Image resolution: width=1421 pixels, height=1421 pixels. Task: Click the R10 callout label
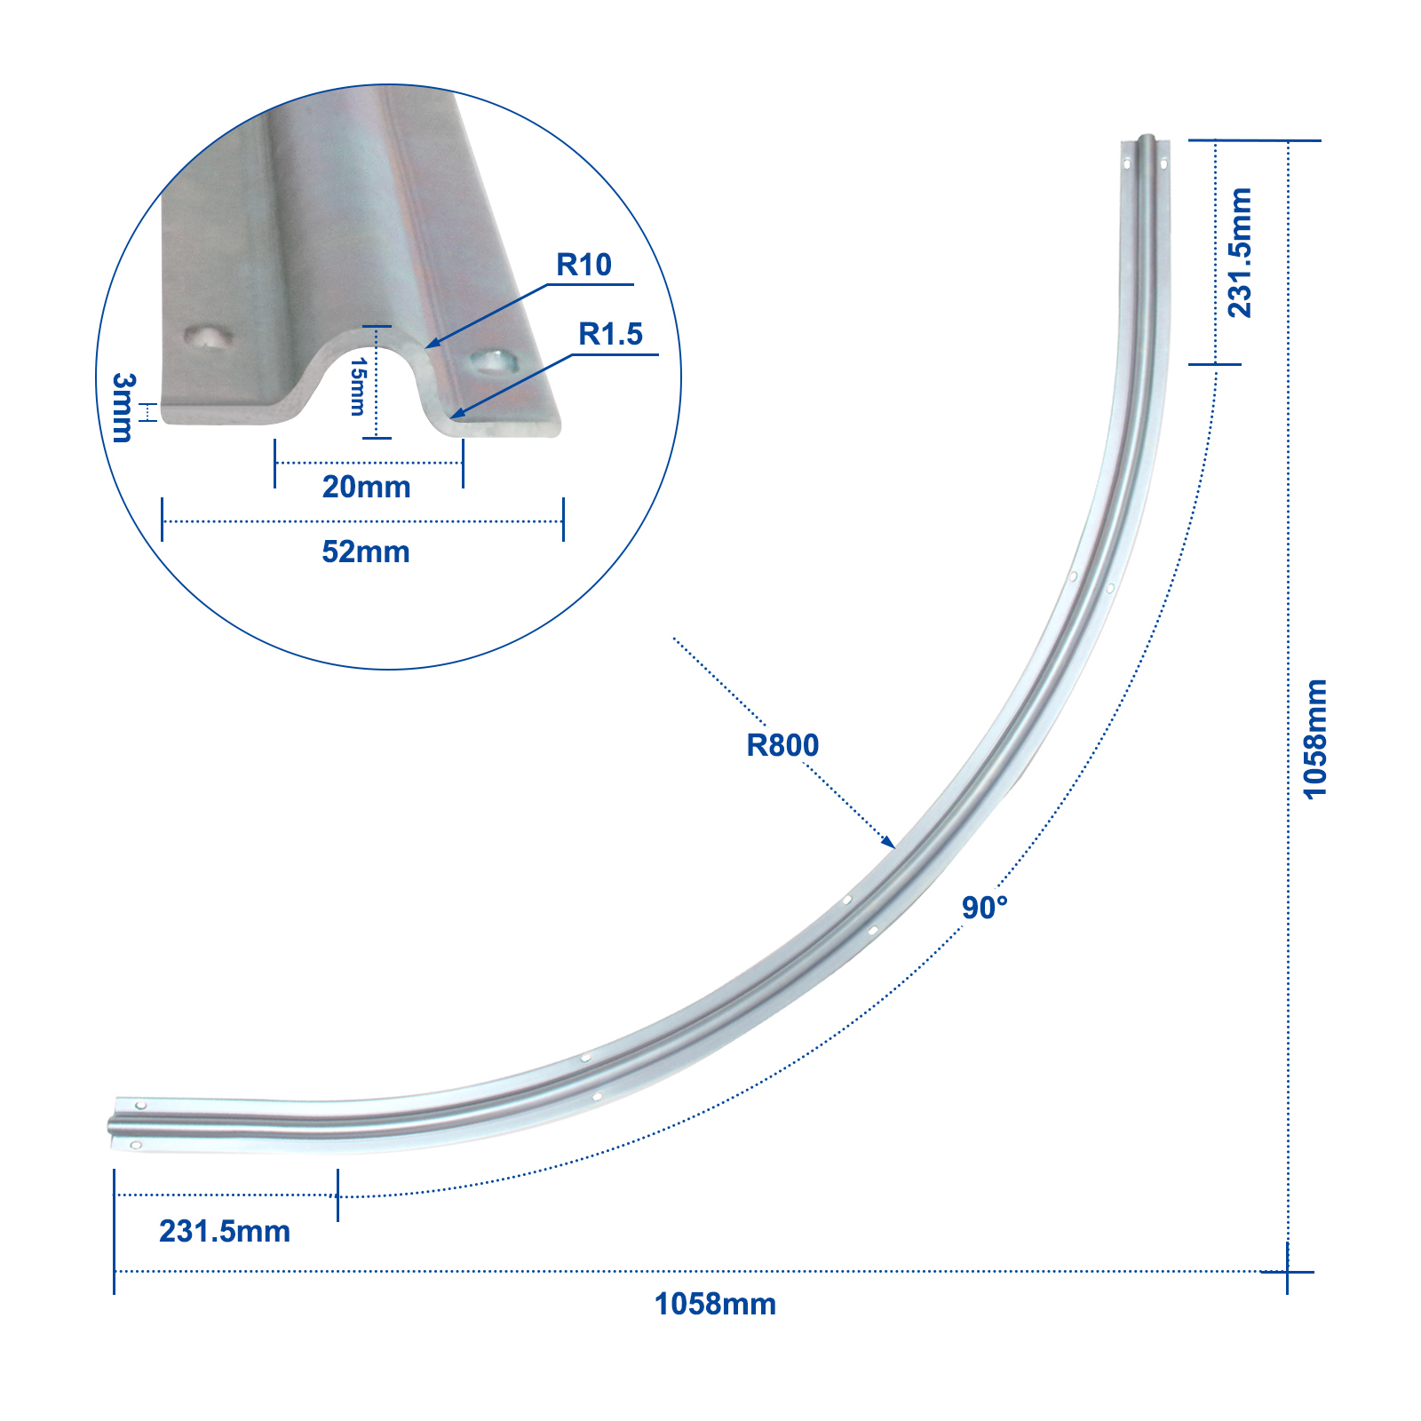coord(583,265)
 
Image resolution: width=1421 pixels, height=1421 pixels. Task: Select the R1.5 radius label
coord(610,334)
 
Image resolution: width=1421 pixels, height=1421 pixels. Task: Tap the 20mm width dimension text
coord(366,487)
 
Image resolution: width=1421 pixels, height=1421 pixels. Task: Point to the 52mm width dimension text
coord(366,552)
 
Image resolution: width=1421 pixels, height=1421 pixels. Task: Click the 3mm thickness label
coord(123,408)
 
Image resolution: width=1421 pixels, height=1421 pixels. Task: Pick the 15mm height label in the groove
coord(357,386)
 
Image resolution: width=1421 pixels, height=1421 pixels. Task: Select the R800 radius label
coord(782,745)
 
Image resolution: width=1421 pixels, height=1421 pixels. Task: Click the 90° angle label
coord(985,908)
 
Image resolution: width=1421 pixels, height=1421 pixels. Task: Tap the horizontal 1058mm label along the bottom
coord(715,1304)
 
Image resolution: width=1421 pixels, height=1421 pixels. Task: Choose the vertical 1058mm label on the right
coord(1315,739)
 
